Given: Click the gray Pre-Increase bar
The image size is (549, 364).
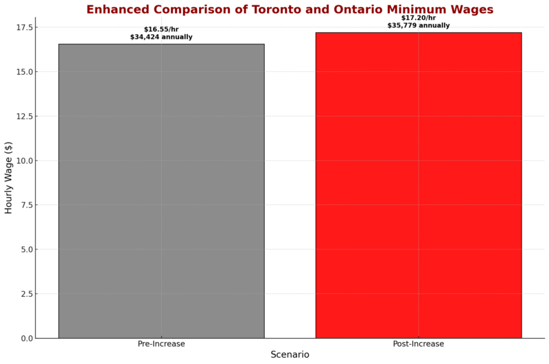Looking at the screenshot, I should [161, 191].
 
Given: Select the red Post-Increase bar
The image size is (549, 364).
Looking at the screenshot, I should [418, 185].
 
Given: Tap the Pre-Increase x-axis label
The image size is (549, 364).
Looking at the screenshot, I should [161, 343].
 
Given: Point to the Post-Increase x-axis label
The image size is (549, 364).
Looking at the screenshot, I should [418, 343].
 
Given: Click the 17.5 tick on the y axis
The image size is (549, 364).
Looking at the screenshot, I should [23, 27].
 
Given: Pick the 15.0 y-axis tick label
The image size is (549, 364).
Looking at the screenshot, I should [23, 72].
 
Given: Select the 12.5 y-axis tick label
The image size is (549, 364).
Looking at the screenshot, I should [23, 117].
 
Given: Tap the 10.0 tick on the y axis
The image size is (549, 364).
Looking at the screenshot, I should [23, 160].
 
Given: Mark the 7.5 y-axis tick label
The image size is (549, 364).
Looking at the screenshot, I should [25, 205].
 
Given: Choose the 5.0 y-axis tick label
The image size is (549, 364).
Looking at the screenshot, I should [25, 250].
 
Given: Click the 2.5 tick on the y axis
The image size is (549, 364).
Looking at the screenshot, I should [25, 294].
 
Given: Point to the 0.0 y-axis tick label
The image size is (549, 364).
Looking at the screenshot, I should [25, 338].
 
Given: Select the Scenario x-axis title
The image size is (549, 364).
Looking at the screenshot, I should [290, 355].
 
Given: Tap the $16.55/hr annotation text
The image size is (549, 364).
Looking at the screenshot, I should [161, 29].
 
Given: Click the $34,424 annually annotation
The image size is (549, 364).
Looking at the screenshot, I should [161, 37].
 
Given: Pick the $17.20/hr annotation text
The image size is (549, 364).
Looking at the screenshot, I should [418, 18].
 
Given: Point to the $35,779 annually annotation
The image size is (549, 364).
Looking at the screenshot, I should [418, 25].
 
